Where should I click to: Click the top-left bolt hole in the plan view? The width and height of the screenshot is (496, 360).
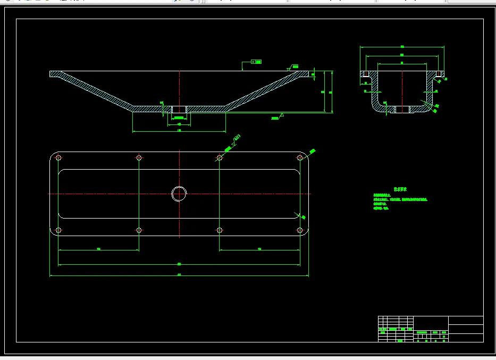(x=58, y=158)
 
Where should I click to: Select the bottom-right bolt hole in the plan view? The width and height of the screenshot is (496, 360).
(x=300, y=230)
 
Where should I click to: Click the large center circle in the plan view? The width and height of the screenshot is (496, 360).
(x=179, y=194)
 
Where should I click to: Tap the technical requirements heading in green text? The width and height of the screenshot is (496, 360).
(x=400, y=189)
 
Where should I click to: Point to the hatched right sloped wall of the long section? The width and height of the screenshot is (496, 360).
(x=260, y=91)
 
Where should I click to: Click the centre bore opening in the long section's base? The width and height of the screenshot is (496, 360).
(x=179, y=109)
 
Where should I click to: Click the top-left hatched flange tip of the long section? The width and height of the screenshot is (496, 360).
(x=55, y=74)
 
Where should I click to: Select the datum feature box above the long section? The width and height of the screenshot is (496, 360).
(x=257, y=62)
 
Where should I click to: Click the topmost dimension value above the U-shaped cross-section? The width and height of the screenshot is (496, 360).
(x=402, y=46)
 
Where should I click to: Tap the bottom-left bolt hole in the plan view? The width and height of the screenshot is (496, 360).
(x=58, y=230)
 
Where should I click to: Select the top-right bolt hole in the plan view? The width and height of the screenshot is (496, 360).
(x=300, y=158)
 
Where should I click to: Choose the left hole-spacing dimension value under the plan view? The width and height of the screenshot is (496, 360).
(x=99, y=249)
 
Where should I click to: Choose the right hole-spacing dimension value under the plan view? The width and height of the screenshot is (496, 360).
(x=259, y=249)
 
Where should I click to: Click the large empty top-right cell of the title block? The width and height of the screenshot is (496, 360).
(x=466, y=320)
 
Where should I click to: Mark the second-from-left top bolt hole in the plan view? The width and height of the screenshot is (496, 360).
(x=139, y=158)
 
